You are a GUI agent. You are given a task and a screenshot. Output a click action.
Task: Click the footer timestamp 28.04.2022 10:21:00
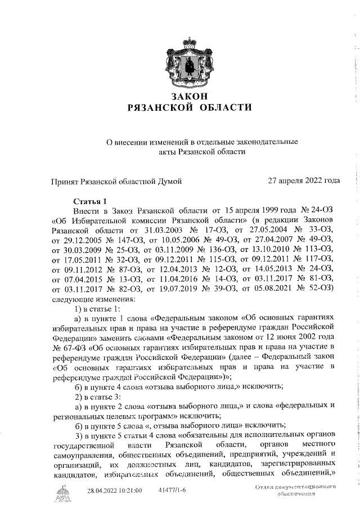[x=114, y=491]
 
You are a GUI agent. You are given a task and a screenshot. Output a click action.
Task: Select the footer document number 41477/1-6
[x=173, y=491]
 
